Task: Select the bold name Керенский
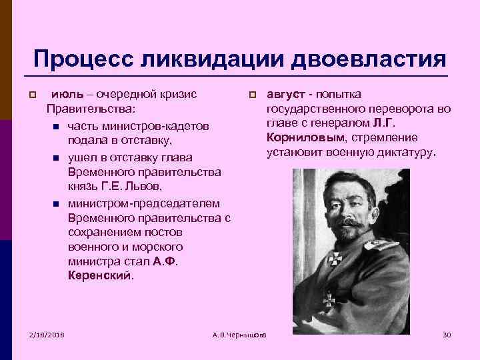101,274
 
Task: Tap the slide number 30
447,333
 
